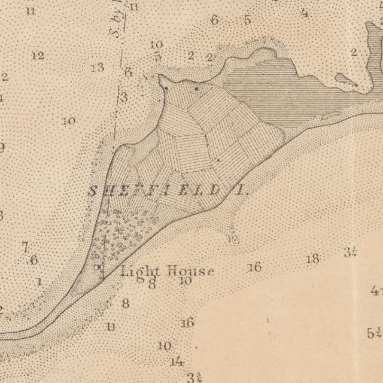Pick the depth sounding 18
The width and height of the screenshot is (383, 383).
[312, 259]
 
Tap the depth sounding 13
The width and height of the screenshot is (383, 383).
[98, 67]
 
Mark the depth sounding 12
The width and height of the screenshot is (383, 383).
[38, 56]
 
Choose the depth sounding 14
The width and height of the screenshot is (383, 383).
[177, 361]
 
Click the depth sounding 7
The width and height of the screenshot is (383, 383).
[25, 247]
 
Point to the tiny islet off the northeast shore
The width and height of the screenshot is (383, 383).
[345, 78]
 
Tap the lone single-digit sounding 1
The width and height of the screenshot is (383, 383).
[39, 281]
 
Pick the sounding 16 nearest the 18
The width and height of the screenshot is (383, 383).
[255, 266]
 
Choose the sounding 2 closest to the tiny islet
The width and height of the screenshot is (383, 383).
[354, 52]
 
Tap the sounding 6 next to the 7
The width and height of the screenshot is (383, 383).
[34, 260]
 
